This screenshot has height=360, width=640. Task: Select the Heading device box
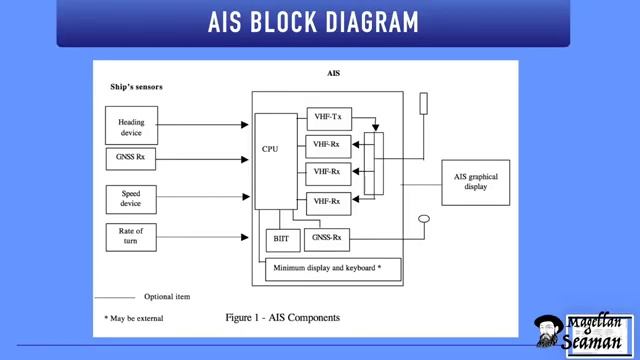point(131,127)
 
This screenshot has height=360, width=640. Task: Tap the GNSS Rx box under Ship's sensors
point(131,159)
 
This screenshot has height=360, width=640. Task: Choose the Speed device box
point(131,198)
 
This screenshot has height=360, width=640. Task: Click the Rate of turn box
point(131,237)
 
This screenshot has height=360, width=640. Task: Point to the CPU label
point(270,149)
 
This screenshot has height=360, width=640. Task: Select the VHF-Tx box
point(327,118)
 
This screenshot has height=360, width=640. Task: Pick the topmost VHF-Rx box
point(327,145)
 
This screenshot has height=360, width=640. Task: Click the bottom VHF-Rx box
point(327,201)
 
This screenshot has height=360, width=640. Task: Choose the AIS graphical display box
point(475,182)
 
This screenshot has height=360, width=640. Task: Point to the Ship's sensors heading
point(136,87)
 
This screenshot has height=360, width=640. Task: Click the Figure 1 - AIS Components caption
point(283,317)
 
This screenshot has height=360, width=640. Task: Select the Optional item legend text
point(166,297)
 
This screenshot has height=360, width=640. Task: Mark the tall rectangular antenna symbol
point(423,104)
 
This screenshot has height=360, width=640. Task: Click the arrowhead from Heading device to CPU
point(245,126)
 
